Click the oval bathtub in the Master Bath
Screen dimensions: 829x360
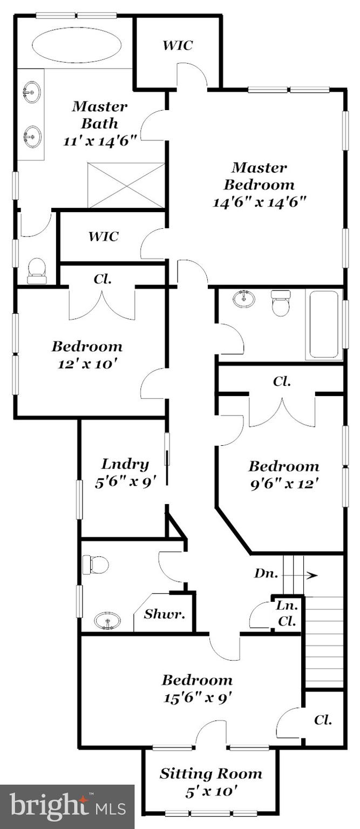[x=76, y=45]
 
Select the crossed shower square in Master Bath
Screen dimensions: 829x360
[x=126, y=185]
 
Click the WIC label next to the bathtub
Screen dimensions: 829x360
[x=178, y=45]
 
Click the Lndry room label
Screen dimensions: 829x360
[x=125, y=464]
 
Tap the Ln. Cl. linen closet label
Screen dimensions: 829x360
[x=287, y=613]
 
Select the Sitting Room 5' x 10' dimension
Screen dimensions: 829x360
[x=210, y=792]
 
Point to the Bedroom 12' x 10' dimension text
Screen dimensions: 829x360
[x=87, y=364]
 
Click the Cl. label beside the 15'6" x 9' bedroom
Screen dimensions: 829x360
[x=323, y=719]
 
